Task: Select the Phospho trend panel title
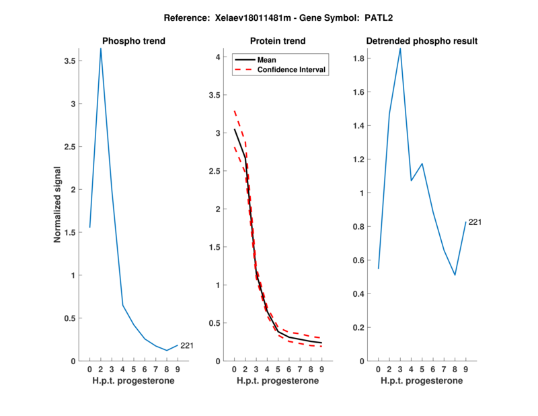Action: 133,41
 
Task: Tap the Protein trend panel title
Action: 278,41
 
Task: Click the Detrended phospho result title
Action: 422,41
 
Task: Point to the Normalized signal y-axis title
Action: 59,205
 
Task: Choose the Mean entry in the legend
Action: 267,60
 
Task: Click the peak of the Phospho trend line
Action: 101,48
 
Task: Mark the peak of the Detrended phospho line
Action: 400,48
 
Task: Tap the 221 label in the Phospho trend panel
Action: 186,346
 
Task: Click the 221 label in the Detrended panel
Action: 475,221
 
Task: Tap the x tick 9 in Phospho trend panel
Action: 178,369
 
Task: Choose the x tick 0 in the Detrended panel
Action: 379,369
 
